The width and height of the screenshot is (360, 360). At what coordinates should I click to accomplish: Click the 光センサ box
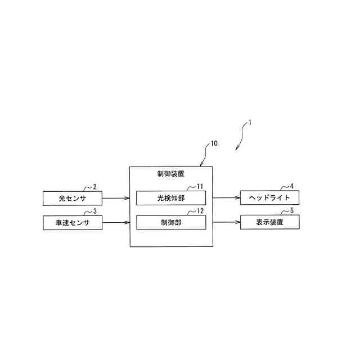pos(73,198)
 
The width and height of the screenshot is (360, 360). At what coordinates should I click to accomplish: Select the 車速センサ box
pos(73,222)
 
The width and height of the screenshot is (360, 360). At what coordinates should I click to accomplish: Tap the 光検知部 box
pos(171,198)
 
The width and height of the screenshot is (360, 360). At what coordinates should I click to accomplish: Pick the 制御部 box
pos(171,222)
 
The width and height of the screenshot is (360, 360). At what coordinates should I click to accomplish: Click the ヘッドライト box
pos(269,198)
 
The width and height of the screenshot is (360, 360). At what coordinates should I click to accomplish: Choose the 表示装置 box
pos(269,222)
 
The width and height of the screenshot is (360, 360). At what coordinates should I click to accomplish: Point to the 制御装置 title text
pos(171,174)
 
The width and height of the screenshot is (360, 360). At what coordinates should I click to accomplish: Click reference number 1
pos(250,121)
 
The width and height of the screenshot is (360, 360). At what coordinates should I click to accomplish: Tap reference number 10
pos(214,143)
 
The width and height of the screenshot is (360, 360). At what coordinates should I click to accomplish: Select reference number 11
pos(200,186)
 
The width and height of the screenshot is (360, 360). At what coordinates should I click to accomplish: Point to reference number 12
pos(200,211)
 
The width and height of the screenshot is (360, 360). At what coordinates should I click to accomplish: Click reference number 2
pos(94,187)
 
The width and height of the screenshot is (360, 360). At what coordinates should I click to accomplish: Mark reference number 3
pos(94,211)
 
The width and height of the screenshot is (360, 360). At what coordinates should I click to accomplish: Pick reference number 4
pos(291,186)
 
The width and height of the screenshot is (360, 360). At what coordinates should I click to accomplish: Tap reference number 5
pos(291,211)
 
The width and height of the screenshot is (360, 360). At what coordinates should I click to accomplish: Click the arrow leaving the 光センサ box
pos(116,198)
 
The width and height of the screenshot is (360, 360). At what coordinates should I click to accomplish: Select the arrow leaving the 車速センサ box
pos(116,222)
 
